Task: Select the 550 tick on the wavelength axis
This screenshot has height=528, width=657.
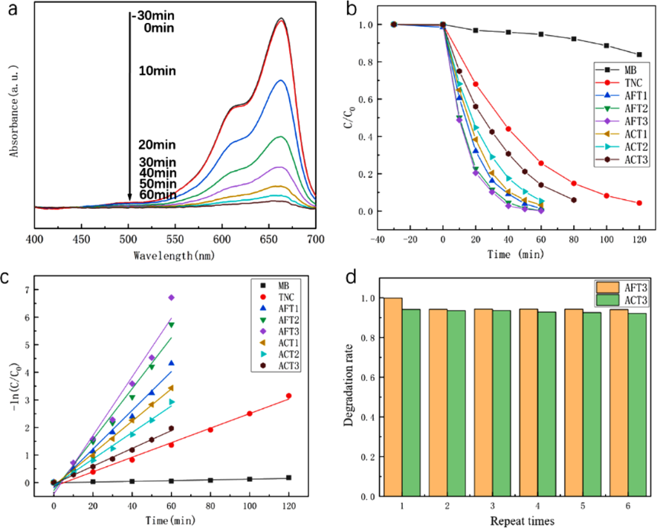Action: click(175, 239)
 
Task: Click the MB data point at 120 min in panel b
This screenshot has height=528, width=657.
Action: click(639, 54)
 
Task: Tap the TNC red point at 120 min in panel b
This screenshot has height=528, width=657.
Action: click(639, 203)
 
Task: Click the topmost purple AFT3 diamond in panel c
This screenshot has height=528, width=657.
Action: click(171, 297)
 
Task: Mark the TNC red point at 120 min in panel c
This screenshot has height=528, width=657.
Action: click(288, 396)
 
